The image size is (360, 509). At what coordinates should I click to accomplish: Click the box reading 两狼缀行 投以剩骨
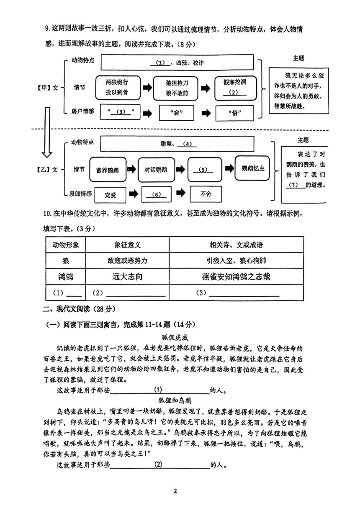coord(118,88)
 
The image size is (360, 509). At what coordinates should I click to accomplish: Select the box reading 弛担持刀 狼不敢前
coord(176,88)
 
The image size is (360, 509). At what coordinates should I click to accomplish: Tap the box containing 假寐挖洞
coord(236,88)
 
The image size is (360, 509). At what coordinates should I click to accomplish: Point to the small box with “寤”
coord(176,113)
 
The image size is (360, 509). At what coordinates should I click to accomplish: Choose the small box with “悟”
coord(235,113)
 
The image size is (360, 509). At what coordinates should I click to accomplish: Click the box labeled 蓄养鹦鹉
coord(108,170)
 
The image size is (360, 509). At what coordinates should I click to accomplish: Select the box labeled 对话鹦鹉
coord(157,170)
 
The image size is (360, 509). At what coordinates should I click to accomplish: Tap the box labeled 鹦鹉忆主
coord(252,168)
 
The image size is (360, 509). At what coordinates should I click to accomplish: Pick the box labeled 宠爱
coord(110,195)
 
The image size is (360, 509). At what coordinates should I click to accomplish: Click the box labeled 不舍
coord(206,194)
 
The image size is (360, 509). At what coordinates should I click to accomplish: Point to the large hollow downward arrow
coord(47,132)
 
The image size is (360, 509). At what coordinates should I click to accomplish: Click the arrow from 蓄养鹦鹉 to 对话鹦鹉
coord(132,169)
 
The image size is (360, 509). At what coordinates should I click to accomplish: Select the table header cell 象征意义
coord(127,245)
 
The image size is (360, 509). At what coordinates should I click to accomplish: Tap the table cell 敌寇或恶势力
coord(127,261)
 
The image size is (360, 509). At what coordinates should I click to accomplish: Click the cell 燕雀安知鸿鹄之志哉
coord(236,276)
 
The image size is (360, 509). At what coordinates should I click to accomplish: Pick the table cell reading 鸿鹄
coord(66,276)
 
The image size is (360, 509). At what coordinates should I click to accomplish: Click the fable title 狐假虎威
coord(175,338)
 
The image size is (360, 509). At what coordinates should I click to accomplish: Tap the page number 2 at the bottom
coord(175,491)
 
